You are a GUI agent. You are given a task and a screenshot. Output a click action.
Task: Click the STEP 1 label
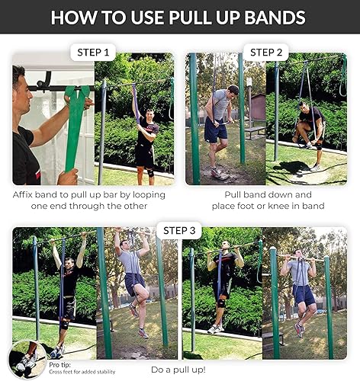point(94,53)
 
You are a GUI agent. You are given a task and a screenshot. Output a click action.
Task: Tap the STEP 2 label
point(266,53)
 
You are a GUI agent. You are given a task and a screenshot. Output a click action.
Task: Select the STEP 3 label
point(180,230)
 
